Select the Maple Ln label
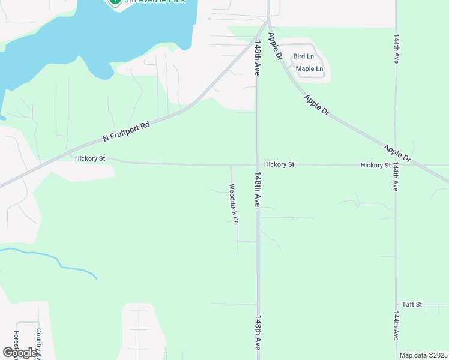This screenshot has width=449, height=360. tap(309, 68)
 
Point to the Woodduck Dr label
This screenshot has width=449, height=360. tap(234, 203)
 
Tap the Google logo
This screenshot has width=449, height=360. tap(20, 353)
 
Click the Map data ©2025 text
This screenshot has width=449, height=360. tap(423, 355)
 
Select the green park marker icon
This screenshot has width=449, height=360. tap(113, 2)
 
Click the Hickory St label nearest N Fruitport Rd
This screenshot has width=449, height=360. tap(91, 158)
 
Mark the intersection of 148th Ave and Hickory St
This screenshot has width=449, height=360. tap(258, 164)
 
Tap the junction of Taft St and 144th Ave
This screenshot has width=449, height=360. tap(396, 304)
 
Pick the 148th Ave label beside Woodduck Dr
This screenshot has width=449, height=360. tap(257, 190)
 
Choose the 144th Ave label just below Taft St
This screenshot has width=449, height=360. tap(396, 325)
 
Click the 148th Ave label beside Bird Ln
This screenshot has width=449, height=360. tap(257, 58)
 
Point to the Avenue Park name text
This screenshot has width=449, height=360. tap(152, 2)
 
